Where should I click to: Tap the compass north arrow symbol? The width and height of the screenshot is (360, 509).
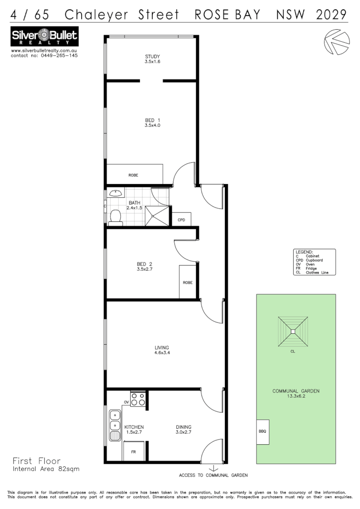click(x=336, y=42)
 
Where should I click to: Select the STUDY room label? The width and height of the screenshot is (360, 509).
click(x=152, y=56)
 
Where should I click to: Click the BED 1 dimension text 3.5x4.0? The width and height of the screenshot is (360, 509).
click(x=152, y=125)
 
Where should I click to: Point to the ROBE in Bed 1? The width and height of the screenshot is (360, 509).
click(x=134, y=175)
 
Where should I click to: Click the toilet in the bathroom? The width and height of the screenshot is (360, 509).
click(x=115, y=218)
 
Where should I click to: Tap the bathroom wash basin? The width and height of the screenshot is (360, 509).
click(x=115, y=194)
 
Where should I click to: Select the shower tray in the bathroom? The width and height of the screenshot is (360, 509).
click(x=158, y=215)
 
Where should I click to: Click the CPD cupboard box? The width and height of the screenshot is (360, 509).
click(x=181, y=219)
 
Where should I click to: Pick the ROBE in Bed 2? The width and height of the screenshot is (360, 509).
click(x=187, y=282)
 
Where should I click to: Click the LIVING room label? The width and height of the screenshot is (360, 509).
click(x=162, y=347)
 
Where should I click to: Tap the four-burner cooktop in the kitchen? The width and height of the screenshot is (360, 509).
click(x=138, y=400)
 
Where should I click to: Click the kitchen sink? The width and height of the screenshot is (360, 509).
click(x=115, y=425)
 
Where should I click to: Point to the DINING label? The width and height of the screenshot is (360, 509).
click(x=184, y=427)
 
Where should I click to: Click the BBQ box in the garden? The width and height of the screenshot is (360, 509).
click(x=262, y=431)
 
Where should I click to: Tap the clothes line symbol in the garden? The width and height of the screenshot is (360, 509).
click(x=293, y=332)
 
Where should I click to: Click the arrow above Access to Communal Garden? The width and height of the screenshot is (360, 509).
click(x=213, y=468)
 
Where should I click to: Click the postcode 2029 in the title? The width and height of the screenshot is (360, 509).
click(x=332, y=15)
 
